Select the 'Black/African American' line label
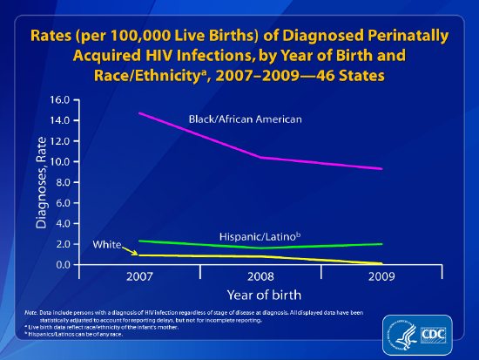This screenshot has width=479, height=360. coord(246,119)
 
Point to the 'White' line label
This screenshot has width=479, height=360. coord(107,246)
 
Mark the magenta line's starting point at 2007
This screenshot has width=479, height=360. coord(139,113)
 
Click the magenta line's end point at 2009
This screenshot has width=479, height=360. coord(381,169)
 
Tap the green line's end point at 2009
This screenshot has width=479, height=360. coord(381,244)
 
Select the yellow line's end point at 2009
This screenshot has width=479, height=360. coord(381,263)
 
